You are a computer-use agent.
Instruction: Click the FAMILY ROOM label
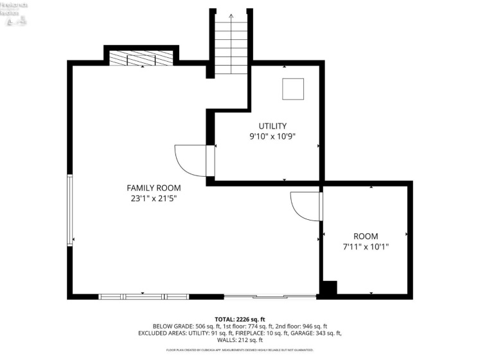click(154, 188)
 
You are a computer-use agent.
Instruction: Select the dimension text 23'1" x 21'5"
click(154, 199)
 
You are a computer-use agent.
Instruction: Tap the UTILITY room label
click(272, 126)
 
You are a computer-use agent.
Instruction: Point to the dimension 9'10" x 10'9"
click(272, 136)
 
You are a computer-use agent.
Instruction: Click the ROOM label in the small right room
click(366, 236)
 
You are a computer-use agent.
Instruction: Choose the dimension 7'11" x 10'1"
click(366, 246)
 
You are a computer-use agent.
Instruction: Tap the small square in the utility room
click(293, 89)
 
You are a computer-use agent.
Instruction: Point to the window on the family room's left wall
click(70, 210)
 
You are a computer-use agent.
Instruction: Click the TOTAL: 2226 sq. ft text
click(240, 319)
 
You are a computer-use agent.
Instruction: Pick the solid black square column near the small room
click(328, 289)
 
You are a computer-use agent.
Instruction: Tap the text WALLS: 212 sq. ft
click(240, 340)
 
